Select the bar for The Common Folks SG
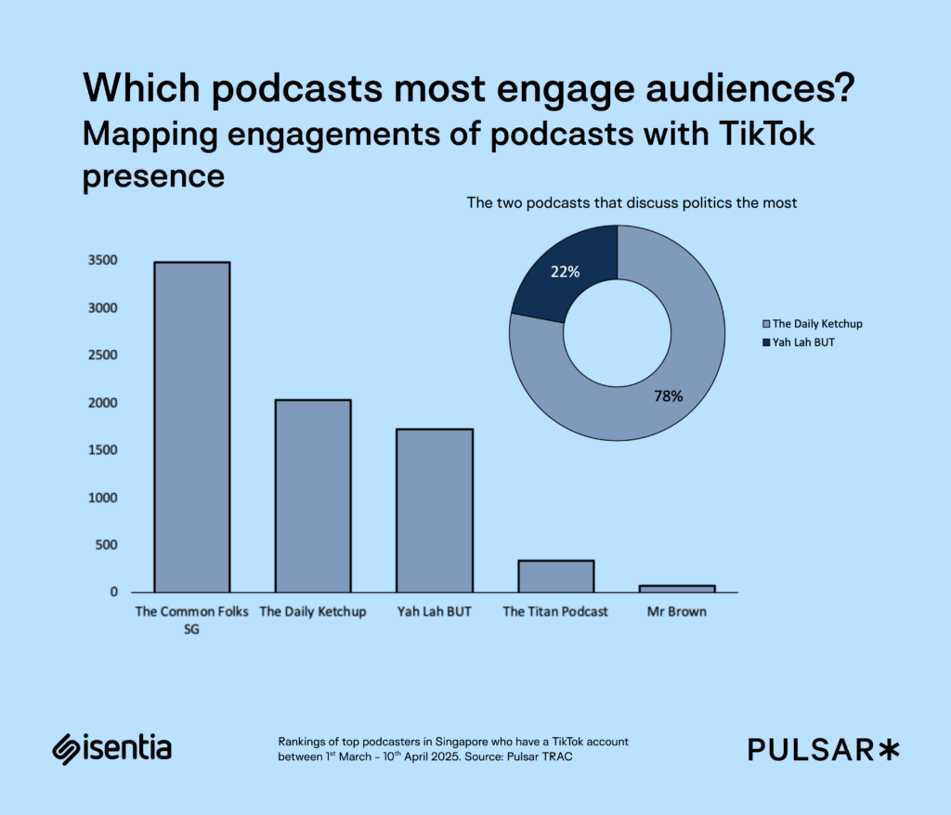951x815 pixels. (191, 427)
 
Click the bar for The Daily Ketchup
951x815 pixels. (313, 496)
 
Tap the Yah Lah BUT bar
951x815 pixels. (434, 511)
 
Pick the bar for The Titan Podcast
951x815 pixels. (555, 576)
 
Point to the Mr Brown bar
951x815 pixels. (677, 589)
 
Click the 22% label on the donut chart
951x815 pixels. (565, 272)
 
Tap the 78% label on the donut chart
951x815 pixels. (669, 396)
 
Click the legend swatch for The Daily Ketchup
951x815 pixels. (766, 324)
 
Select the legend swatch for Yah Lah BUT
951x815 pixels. (766, 343)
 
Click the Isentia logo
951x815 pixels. (111, 748)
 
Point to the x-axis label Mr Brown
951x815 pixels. (677, 612)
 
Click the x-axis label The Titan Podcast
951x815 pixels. (555, 612)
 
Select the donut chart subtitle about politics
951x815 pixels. (632, 203)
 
